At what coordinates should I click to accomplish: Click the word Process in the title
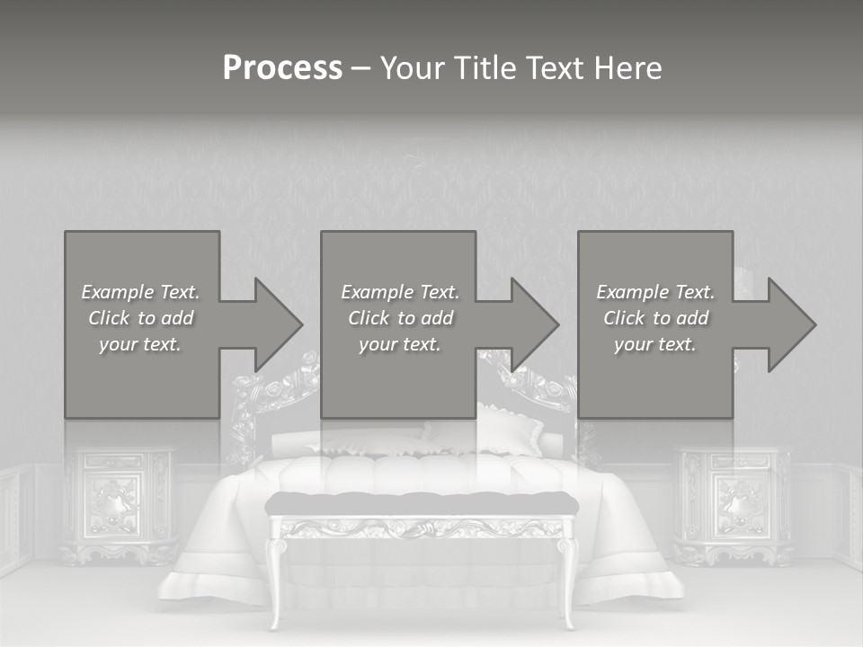point(282,68)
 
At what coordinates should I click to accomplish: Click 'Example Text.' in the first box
point(140,292)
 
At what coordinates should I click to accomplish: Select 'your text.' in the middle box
point(399,344)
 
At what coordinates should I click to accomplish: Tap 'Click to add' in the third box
point(655,318)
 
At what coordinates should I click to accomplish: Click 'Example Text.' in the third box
point(655,292)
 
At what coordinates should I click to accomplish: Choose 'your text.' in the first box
point(140,344)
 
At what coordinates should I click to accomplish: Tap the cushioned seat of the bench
point(422,503)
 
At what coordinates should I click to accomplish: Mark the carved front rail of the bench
point(422,527)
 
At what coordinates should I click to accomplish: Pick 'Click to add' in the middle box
point(399,318)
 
